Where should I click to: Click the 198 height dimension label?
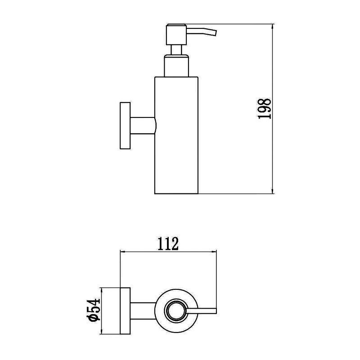(265, 108)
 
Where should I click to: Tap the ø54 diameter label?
(94, 310)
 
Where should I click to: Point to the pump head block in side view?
(176, 35)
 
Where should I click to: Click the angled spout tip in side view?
(215, 33)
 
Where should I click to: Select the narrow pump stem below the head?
(176, 50)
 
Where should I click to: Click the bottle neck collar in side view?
(176, 66)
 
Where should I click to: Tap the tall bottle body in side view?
(176, 135)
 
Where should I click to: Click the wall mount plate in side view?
(125, 126)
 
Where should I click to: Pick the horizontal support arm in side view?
(143, 126)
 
